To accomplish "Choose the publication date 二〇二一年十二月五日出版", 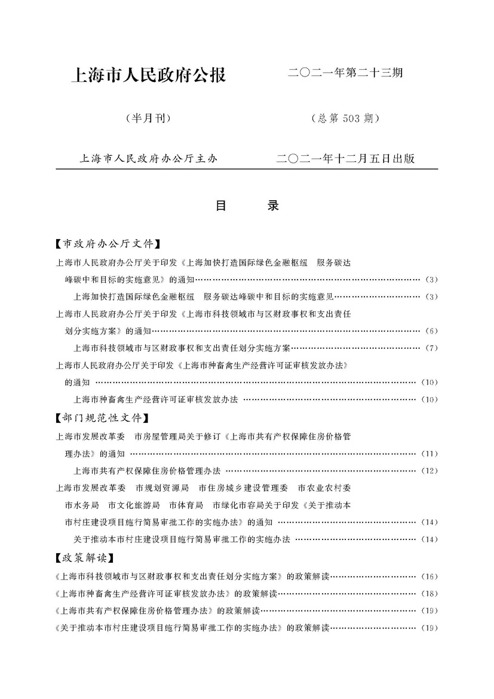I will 346,159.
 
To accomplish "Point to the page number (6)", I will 430,331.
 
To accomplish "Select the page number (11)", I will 430,453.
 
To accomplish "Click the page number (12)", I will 430,471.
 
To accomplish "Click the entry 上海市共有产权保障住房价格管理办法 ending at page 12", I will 147,471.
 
